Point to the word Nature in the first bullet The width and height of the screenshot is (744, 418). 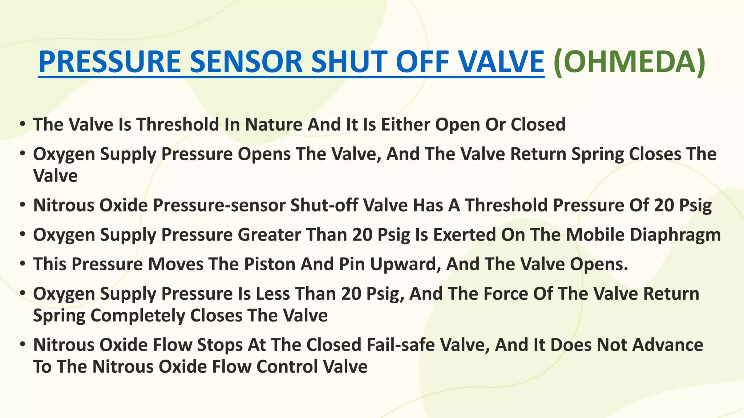273,124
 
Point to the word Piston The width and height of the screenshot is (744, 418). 269,264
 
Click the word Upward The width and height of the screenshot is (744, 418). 403,264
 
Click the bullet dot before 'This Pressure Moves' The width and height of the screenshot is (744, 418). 23,263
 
